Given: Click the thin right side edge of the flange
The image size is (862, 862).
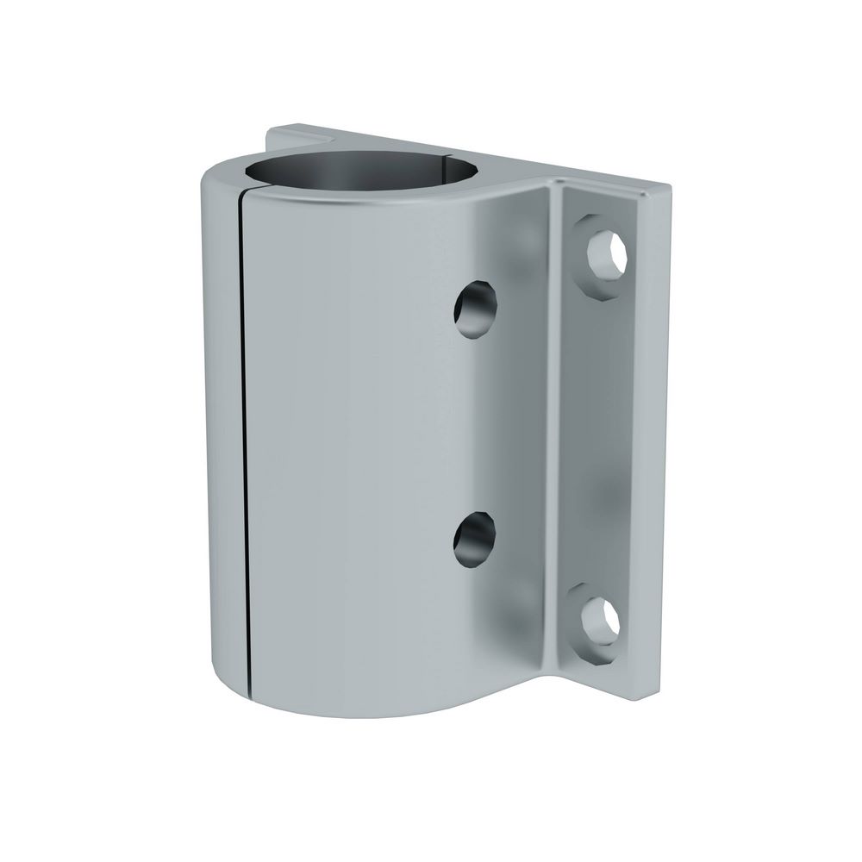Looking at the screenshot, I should point(660,431).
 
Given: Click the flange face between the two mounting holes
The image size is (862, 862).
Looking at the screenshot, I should point(608,440).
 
